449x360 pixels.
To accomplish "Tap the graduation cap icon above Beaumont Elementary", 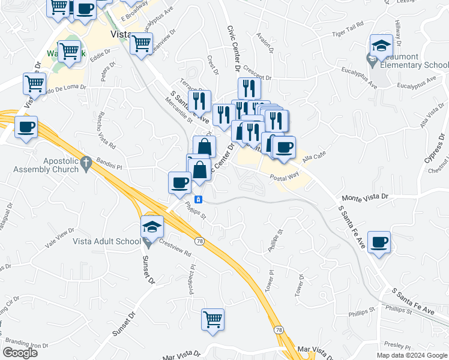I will coord(381,46).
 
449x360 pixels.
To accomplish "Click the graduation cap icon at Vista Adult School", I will coord(152,226).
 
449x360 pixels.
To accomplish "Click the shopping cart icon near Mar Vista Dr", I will coord(212,319).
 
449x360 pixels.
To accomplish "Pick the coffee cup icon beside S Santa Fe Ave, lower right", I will coord(379,242).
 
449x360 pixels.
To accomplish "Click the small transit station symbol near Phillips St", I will coord(199,200).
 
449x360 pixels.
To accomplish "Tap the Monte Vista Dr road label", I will coord(366,197).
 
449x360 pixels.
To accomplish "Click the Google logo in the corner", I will coord(20,353).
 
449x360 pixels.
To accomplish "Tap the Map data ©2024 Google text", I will coord(411,355).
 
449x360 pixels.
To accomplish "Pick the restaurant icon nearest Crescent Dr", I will coord(249,88).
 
